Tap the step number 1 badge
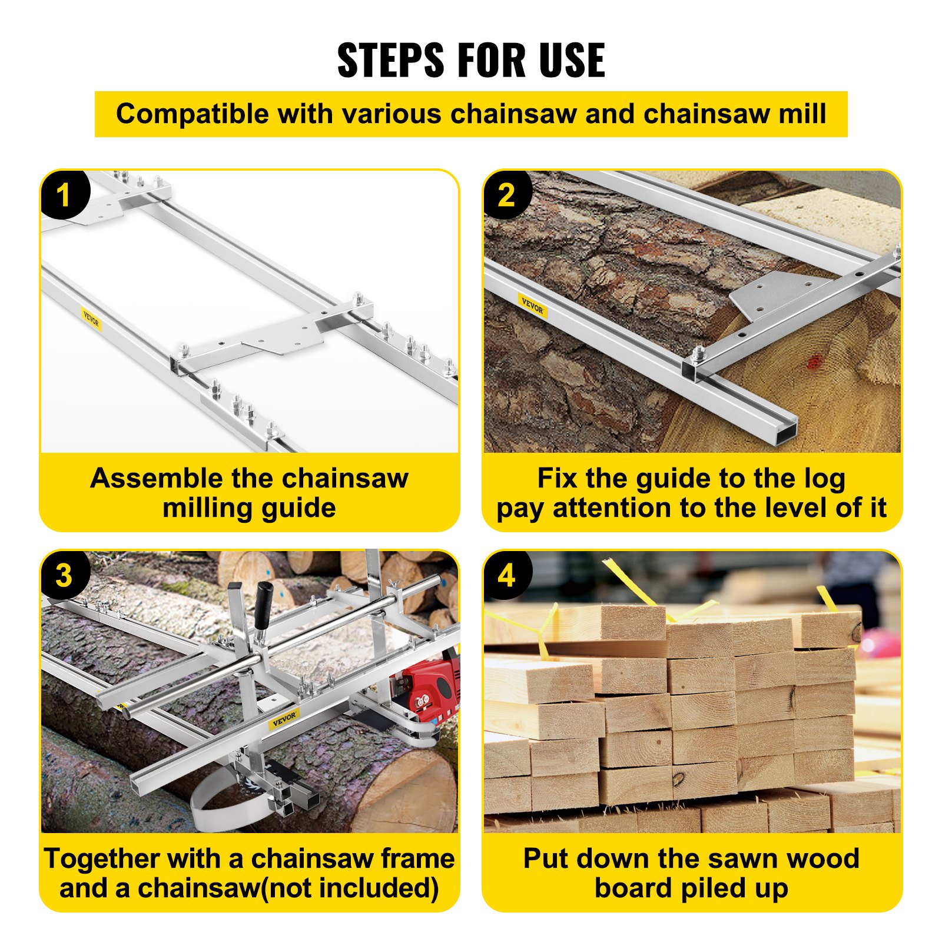tap(64, 195)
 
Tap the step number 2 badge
tap(506, 195)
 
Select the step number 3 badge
tap(64, 575)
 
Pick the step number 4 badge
tap(506, 575)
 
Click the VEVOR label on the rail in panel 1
tap(91, 320)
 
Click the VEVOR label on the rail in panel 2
tap(532, 306)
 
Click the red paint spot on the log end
tap(814, 361)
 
